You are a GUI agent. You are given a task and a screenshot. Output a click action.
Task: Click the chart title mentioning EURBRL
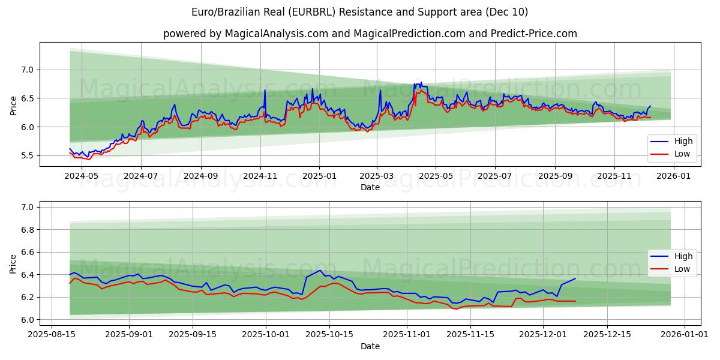click(360, 12)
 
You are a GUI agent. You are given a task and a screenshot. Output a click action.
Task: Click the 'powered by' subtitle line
click(370, 34)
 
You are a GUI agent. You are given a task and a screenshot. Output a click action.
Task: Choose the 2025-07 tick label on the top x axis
click(495, 176)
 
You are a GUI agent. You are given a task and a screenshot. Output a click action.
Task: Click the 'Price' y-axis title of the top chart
click(13, 104)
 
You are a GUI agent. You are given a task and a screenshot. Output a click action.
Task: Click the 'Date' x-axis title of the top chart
click(370, 187)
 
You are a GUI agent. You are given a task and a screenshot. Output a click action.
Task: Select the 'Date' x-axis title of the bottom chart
click(370, 346)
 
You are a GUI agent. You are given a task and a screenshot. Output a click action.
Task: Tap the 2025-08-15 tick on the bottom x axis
click(52, 335)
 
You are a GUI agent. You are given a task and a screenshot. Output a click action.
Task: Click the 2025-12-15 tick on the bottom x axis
click(607, 335)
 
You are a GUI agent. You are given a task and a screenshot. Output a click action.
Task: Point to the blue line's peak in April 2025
click(421, 82)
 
